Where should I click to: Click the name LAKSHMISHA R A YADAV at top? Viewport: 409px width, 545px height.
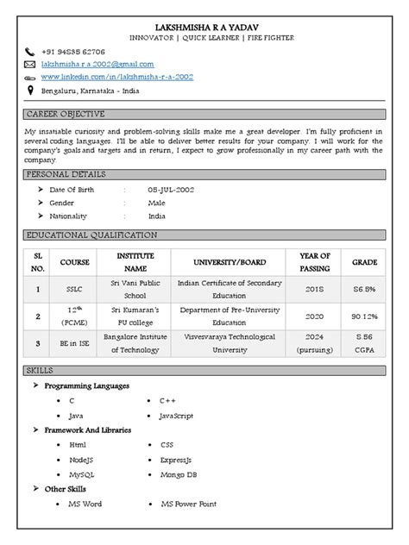tap(204, 27)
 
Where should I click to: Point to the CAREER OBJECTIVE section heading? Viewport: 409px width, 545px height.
tap(66, 114)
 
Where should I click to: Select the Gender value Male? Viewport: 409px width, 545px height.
tap(157, 203)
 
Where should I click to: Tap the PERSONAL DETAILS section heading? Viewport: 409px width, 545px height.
tap(66, 174)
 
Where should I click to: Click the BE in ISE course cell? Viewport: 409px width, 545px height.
tap(68, 343)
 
